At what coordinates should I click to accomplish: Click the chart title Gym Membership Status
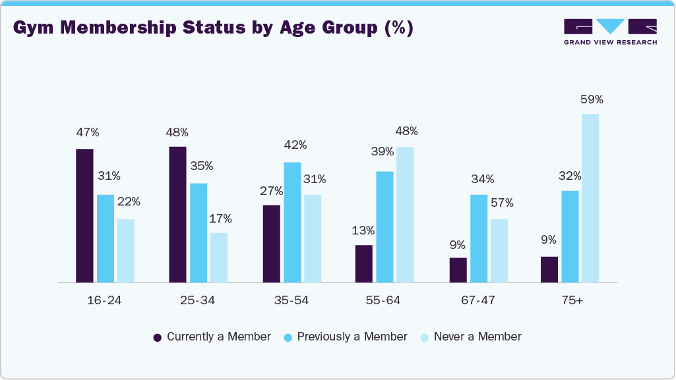213,29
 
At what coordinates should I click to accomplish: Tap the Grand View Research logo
610,32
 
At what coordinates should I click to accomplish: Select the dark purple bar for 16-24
84,215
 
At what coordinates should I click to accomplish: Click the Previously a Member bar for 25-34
199,232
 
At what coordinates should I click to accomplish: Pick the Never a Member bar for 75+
590,198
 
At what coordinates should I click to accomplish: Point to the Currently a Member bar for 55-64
363,263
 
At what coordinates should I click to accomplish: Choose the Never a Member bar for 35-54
312,238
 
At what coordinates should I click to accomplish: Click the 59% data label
592,99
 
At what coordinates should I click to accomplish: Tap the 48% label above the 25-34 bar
177,132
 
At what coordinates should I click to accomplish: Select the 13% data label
363,231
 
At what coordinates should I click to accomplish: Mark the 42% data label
294,145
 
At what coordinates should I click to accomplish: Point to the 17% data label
220,219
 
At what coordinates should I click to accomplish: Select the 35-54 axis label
291,300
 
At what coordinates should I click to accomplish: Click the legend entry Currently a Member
212,337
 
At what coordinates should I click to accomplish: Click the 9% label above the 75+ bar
549,240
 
